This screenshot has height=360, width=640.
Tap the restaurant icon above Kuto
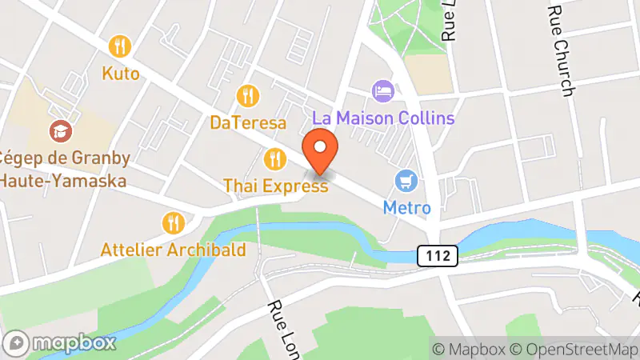(122, 46)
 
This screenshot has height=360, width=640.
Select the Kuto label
(121, 74)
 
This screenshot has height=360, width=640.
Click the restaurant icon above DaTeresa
(249, 96)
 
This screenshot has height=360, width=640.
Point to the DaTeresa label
(248, 123)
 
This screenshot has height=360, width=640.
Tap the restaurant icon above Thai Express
(275, 158)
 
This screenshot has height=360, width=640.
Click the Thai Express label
(275, 186)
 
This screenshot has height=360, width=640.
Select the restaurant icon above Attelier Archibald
(173, 222)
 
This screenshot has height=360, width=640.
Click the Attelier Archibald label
(174, 250)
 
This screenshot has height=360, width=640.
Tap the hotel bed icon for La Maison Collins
(383, 90)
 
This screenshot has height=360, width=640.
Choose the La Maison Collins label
(383, 118)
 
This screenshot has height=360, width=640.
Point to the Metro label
(406, 208)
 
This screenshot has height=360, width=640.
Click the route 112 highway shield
(437, 256)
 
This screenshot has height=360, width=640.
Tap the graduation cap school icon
(58, 130)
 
